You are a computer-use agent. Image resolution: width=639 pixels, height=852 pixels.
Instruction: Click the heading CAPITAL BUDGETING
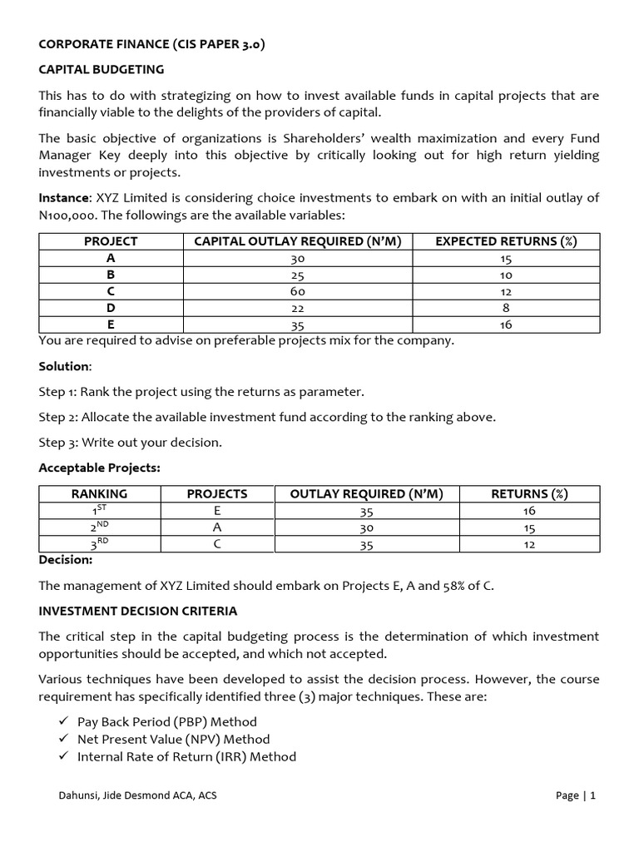(102, 69)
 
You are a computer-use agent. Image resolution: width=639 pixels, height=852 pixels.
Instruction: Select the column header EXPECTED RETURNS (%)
(506, 241)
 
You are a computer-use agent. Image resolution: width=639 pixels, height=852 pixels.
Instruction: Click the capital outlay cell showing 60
(298, 291)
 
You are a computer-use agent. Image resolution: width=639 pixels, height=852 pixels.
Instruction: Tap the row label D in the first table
(111, 308)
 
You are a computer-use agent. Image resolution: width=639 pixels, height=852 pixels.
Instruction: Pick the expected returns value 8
(506, 308)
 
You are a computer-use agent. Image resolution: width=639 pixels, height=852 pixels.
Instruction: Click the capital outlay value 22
(298, 308)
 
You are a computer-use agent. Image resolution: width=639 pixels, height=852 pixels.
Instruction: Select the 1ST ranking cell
(99, 510)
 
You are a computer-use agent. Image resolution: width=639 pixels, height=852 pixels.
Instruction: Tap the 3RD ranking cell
(99, 543)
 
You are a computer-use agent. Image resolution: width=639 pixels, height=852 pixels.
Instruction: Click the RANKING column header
(99, 493)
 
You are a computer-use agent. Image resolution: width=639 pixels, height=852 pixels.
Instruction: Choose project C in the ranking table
(217, 544)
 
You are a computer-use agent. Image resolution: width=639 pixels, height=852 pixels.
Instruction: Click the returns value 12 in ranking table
(530, 544)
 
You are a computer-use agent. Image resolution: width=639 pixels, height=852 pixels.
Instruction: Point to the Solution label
(64, 366)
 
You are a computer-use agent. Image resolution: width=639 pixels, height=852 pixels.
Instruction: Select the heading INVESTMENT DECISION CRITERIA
(137, 611)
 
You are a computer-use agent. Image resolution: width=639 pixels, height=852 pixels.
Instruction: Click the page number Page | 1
(576, 795)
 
